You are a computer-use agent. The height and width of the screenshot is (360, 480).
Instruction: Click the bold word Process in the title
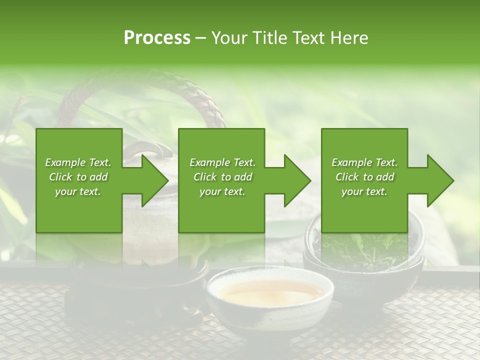point(157,38)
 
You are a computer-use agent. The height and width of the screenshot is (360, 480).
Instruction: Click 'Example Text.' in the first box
point(78,162)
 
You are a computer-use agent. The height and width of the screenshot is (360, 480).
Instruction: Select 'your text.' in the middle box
point(222,191)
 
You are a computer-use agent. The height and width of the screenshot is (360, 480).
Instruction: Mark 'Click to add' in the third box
point(365,177)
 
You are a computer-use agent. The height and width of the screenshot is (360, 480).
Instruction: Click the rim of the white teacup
point(270,273)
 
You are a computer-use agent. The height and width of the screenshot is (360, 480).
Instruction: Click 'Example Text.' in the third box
point(364,162)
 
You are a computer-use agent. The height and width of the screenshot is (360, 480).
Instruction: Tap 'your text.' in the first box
point(78,191)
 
